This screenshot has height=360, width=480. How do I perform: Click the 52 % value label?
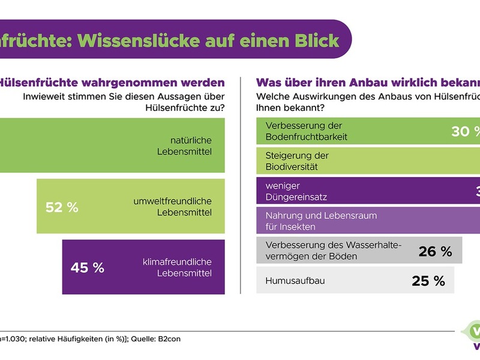[62, 208]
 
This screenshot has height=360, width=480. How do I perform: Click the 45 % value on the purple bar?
[88, 268]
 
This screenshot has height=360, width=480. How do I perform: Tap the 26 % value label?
[435, 251]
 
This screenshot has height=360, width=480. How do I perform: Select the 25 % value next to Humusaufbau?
[428, 280]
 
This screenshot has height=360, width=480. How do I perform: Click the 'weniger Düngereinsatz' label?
[296, 191]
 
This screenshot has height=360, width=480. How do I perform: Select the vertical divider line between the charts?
[240, 186]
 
